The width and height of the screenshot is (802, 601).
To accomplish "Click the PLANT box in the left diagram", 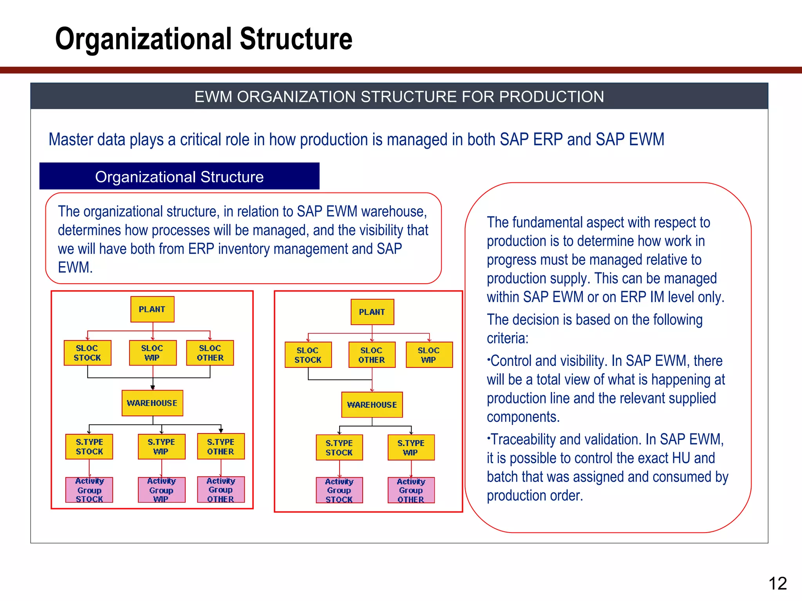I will (x=152, y=309).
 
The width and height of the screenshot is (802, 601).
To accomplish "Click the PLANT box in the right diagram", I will (x=372, y=312).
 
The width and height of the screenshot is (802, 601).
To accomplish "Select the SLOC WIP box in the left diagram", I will (x=152, y=353).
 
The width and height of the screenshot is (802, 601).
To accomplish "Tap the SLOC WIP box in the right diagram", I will (x=429, y=355).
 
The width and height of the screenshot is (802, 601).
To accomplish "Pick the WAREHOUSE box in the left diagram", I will (x=152, y=403).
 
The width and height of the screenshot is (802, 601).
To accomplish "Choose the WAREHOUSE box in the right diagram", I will (x=372, y=405).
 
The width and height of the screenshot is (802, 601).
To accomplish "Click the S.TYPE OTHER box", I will (x=221, y=446).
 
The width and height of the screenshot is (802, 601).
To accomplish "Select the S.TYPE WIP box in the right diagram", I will (x=411, y=448).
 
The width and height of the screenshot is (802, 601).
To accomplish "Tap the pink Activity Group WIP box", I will (x=161, y=490).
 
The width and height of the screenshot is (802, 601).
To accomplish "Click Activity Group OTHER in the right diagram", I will (x=411, y=490).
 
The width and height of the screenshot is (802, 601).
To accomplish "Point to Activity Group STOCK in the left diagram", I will (x=89, y=490).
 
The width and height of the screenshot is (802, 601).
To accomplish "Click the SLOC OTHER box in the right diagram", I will (x=372, y=355).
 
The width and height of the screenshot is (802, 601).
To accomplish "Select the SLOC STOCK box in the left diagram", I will (x=87, y=353).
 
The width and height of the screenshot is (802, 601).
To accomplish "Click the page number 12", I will (x=777, y=583).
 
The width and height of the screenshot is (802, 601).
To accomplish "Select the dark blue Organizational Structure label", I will (x=179, y=177).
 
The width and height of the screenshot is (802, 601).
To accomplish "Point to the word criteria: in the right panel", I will (x=508, y=338).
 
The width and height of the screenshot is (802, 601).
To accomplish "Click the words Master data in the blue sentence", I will (x=87, y=140).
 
